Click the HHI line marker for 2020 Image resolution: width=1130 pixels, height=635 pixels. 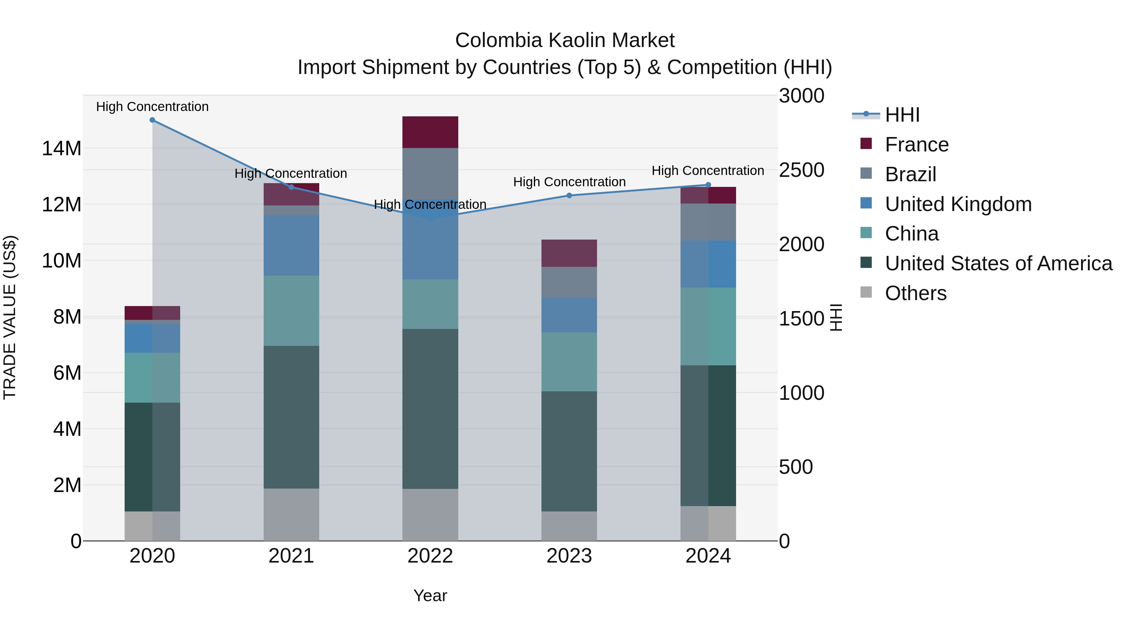tap(152, 120)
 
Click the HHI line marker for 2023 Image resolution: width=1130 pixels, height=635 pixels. tap(569, 195)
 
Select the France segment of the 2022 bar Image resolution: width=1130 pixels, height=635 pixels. tap(430, 132)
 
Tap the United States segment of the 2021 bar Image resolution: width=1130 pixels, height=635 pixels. tap(291, 417)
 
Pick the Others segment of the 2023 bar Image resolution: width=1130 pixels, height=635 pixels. tap(569, 526)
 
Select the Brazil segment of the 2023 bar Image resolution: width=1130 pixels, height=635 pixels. tap(569, 282)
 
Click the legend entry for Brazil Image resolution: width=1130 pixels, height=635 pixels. tap(910, 174)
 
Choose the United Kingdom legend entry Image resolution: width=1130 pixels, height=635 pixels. tap(958, 204)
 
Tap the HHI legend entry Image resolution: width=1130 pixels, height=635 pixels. tap(902, 115)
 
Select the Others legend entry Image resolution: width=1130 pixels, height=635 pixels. tap(916, 293)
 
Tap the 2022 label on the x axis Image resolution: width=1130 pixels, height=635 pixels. tap(430, 556)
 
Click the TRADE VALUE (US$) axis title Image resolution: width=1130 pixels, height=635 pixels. tap(10, 317)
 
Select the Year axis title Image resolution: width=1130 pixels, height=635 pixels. tap(430, 595)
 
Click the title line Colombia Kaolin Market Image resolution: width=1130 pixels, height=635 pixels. tap(565, 40)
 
